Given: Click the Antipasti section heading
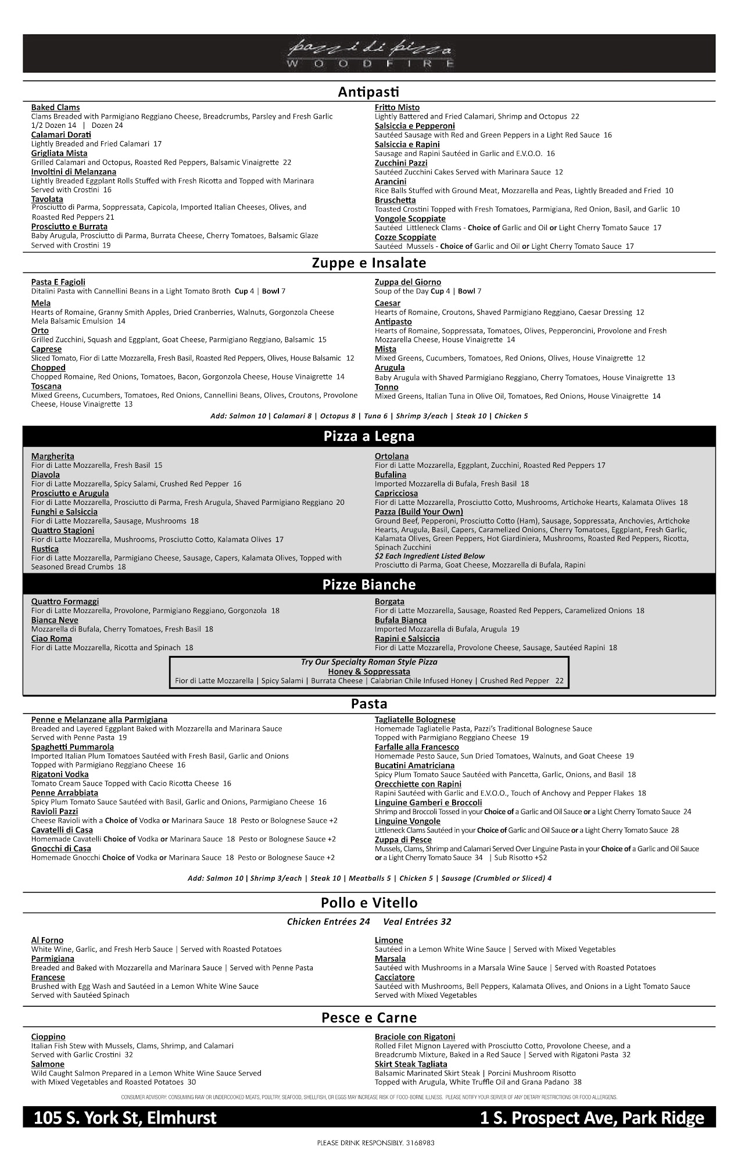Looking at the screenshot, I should pyautogui.click(x=369, y=92).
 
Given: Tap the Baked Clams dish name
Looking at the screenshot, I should pyautogui.click(x=55, y=107).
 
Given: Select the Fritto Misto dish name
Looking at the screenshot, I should pyautogui.click(x=397, y=107).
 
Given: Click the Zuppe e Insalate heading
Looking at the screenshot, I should pyautogui.click(x=369, y=263).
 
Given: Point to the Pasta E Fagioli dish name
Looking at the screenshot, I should pyautogui.click(x=58, y=282).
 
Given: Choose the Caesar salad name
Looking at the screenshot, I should pyautogui.click(x=388, y=303).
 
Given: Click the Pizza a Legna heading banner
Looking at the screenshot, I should pyautogui.click(x=369, y=436).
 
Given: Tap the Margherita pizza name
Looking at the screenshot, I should pyautogui.click(x=52, y=457).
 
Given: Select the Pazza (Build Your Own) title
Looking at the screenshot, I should pyautogui.click(x=418, y=512).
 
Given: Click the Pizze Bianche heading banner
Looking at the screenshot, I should pyautogui.click(x=369, y=584).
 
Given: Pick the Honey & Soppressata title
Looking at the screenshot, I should pyautogui.click(x=369, y=672).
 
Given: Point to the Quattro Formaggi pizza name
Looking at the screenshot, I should pyautogui.click(x=65, y=602).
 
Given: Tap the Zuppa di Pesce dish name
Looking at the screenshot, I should pyautogui.click(x=403, y=840).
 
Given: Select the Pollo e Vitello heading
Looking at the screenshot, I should pyautogui.click(x=369, y=903).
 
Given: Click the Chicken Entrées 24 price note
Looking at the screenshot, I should pyautogui.click(x=328, y=921).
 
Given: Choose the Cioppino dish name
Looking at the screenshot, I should pyautogui.click(x=48, y=1037).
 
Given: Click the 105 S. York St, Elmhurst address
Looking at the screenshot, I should pyautogui.click(x=125, y=1118).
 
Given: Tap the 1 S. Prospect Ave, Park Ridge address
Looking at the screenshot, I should pyautogui.click(x=592, y=1118).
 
